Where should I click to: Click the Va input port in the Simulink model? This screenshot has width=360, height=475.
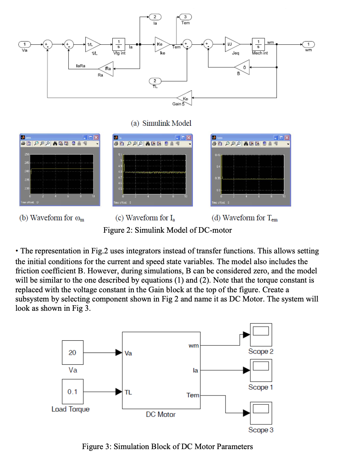(x=25, y=44)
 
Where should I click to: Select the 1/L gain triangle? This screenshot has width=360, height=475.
(x=92, y=44)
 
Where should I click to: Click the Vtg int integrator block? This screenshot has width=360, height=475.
(x=119, y=44)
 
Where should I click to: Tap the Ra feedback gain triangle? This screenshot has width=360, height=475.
(x=107, y=68)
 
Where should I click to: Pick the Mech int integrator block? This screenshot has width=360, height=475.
(x=258, y=44)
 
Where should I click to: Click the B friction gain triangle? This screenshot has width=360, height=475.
(x=243, y=67)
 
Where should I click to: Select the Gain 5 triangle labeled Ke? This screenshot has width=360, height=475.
(x=185, y=98)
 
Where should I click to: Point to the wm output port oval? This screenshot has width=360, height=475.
(x=308, y=44)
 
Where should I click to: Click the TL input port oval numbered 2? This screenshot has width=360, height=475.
(x=155, y=81)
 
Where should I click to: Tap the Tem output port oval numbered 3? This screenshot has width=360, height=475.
(x=185, y=17)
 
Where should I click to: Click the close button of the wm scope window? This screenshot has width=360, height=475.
(x=96, y=138)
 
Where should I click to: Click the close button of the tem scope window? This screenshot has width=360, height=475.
(x=287, y=138)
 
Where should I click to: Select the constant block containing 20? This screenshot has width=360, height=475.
(x=72, y=353)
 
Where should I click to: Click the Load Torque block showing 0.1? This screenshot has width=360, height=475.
(x=72, y=391)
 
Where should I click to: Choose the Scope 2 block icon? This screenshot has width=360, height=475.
(x=261, y=335)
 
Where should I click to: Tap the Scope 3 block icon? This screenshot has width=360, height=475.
(x=261, y=413)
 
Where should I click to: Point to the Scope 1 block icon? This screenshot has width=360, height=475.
(x=261, y=370)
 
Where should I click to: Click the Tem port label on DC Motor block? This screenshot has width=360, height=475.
(x=193, y=395)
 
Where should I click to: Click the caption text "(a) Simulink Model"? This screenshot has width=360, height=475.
(x=161, y=123)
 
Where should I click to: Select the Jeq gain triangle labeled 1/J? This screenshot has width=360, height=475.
(x=231, y=44)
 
